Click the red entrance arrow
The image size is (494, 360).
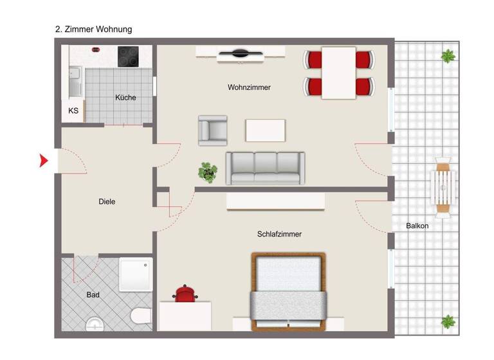[x=44, y=161]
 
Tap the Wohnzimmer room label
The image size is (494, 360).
[x=249, y=87]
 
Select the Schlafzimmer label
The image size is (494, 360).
[x=279, y=234]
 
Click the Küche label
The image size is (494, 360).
[x=125, y=98]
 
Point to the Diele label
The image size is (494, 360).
[x=107, y=201]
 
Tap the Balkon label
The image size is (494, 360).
[x=417, y=226]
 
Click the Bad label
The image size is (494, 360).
[x=93, y=295]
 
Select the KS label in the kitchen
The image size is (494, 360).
[x=73, y=111]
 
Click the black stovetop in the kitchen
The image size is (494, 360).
[x=129, y=56]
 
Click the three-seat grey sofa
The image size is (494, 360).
[x=265, y=168]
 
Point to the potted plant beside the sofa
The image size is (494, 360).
[x=208, y=172]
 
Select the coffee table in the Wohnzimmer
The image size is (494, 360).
[x=265, y=130]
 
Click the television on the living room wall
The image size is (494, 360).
[x=239, y=55]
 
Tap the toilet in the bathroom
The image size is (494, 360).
[x=139, y=316]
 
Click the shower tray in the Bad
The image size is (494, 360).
[x=136, y=274]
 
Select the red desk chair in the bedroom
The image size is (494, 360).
[x=185, y=294]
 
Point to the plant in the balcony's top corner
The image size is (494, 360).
[x=448, y=56]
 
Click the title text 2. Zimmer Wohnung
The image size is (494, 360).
[x=94, y=30]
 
